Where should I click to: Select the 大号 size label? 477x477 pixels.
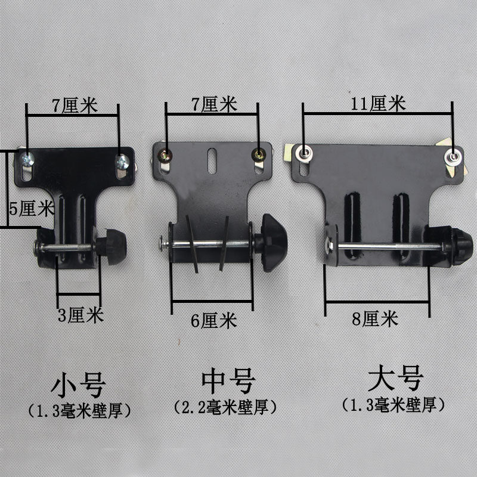[395, 379]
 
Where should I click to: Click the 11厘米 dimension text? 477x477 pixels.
[379, 104]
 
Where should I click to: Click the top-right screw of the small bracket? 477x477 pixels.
[122, 161]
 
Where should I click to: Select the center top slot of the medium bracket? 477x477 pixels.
[213, 162]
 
